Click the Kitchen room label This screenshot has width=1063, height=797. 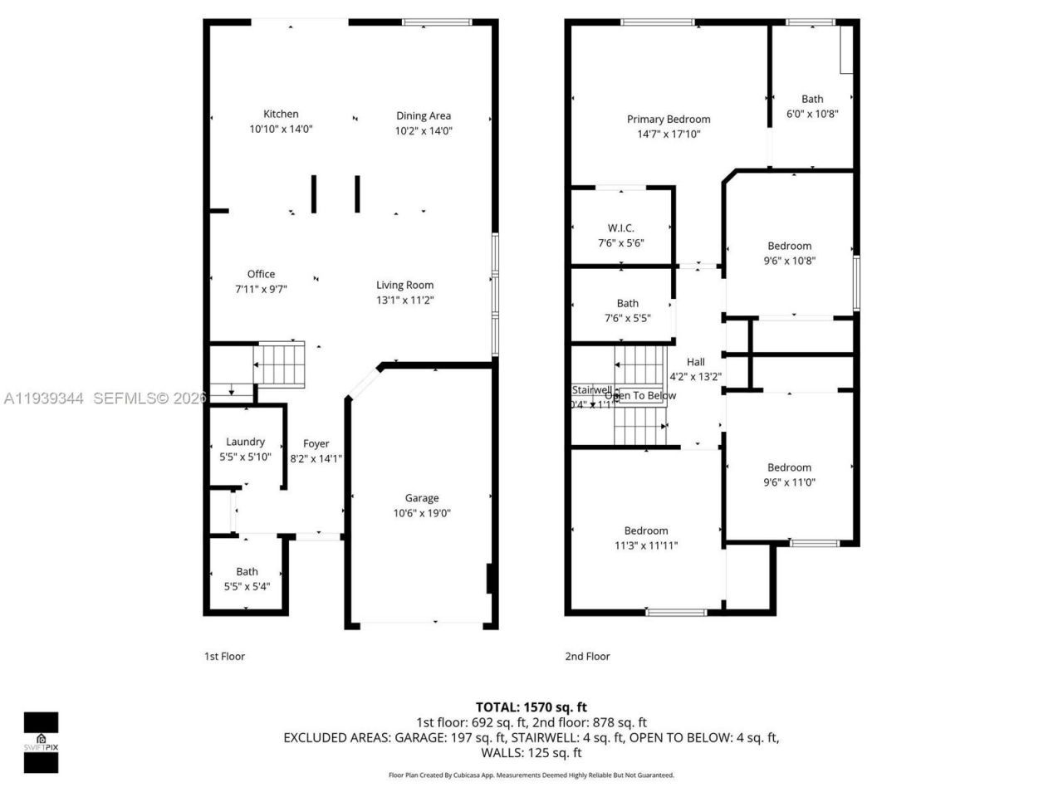click(281, 115)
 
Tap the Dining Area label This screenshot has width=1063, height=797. click(424, 116)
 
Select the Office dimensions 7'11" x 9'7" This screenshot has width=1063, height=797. click(261, 290)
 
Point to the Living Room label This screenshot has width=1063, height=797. click(404, 285)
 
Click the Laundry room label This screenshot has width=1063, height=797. click(245, 442)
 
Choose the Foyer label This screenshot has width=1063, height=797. click(316, 443)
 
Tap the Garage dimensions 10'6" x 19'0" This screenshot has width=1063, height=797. click(422, 513)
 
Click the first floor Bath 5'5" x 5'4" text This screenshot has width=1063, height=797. click(247, 586)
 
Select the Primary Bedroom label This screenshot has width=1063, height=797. click(669, 120)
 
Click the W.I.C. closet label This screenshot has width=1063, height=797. click(621, 228)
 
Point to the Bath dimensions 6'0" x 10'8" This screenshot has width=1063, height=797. click(812, 114)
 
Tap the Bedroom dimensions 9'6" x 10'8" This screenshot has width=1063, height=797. click(789, 261)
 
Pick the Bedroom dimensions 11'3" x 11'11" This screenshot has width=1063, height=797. click(646, 545)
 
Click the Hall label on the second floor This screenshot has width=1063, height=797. click(696, 362)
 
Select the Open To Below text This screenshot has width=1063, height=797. click(640, 396)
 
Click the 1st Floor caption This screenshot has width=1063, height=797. click(224, 656)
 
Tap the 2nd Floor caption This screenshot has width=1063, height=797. click(587, 656)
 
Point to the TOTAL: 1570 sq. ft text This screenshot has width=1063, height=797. click(531, 707)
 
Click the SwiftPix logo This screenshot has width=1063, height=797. click(41, 741)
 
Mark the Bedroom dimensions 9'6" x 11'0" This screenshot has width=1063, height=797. click(789, 482)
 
